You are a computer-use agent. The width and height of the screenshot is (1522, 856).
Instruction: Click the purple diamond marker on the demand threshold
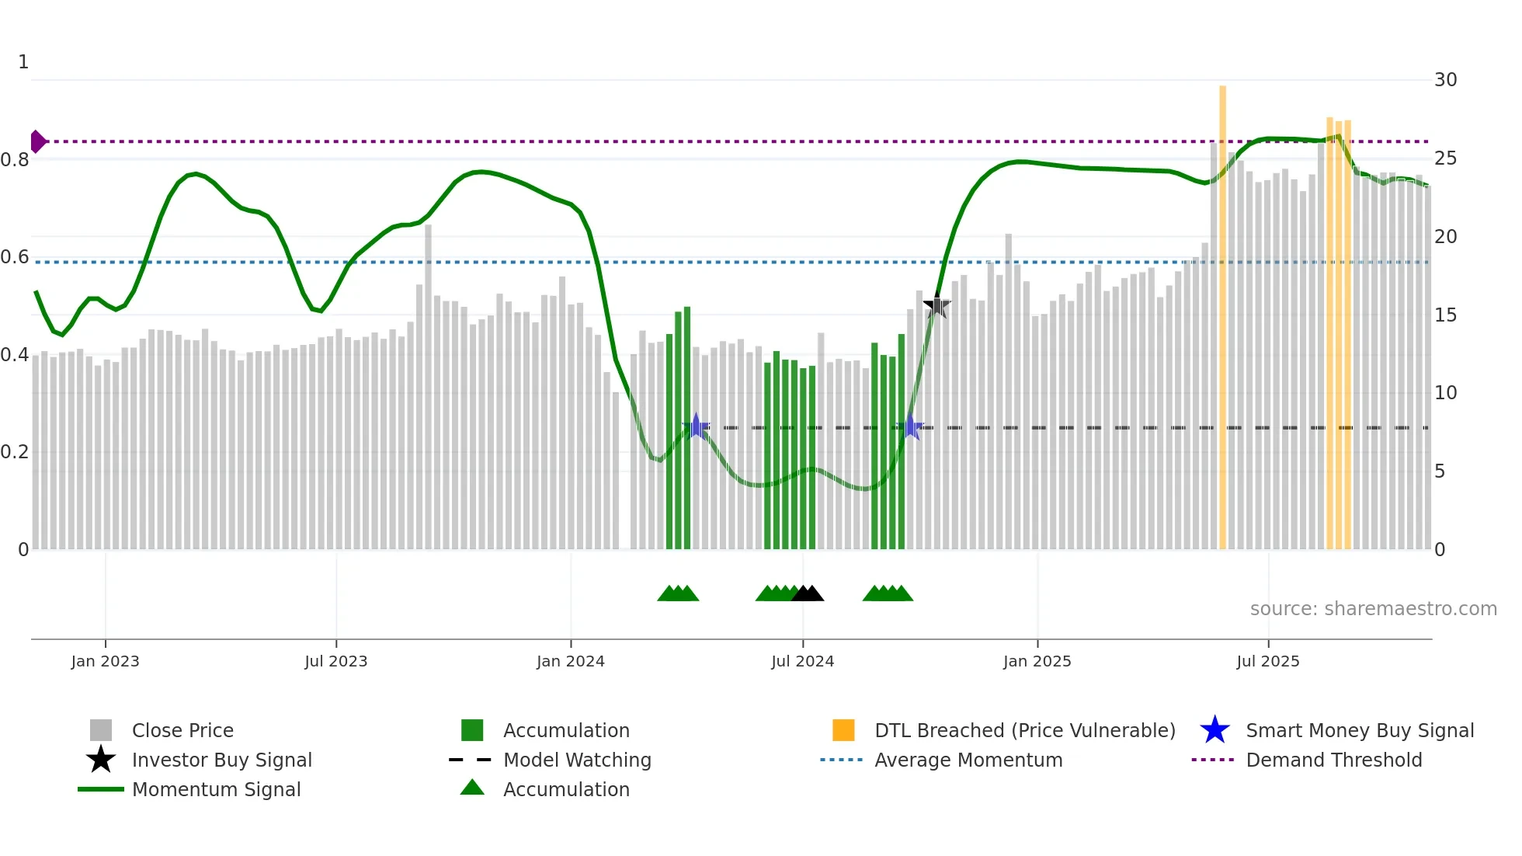point(37,141)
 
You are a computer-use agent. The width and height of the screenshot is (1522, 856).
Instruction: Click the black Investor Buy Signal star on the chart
point(937,306)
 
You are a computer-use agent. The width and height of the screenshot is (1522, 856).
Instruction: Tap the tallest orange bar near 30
point(1222,311)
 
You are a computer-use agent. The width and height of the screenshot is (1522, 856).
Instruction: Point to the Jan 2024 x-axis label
point(570,661)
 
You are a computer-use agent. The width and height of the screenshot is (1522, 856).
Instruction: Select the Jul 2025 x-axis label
point(1267,661)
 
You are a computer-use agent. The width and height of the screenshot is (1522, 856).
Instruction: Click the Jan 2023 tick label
point(105,661)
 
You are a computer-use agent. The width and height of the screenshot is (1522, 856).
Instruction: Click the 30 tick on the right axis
point(1445,80)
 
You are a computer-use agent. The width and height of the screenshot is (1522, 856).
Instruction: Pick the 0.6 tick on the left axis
point(15,257)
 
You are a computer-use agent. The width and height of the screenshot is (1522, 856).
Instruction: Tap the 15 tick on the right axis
point(1445,315)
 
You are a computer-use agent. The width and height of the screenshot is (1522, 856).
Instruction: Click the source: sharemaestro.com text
point(1373,609)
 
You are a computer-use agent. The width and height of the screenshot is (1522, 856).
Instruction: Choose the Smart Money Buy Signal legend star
point(1214,730)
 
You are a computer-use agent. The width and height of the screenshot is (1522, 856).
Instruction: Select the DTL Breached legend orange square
point(843,730)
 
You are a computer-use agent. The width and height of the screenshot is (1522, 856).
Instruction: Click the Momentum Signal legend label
point(216,789)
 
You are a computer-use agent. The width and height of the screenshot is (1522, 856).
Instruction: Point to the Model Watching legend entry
point(577,760)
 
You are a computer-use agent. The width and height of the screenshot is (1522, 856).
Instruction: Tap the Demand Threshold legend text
point(1333,760)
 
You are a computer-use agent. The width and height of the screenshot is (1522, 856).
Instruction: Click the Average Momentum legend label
point(968,760)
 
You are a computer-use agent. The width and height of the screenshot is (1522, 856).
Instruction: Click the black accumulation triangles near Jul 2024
point(808,594)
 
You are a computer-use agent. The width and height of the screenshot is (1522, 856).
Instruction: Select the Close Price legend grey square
point(101,730)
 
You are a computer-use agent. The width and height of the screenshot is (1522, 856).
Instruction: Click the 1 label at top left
point(23,62)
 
